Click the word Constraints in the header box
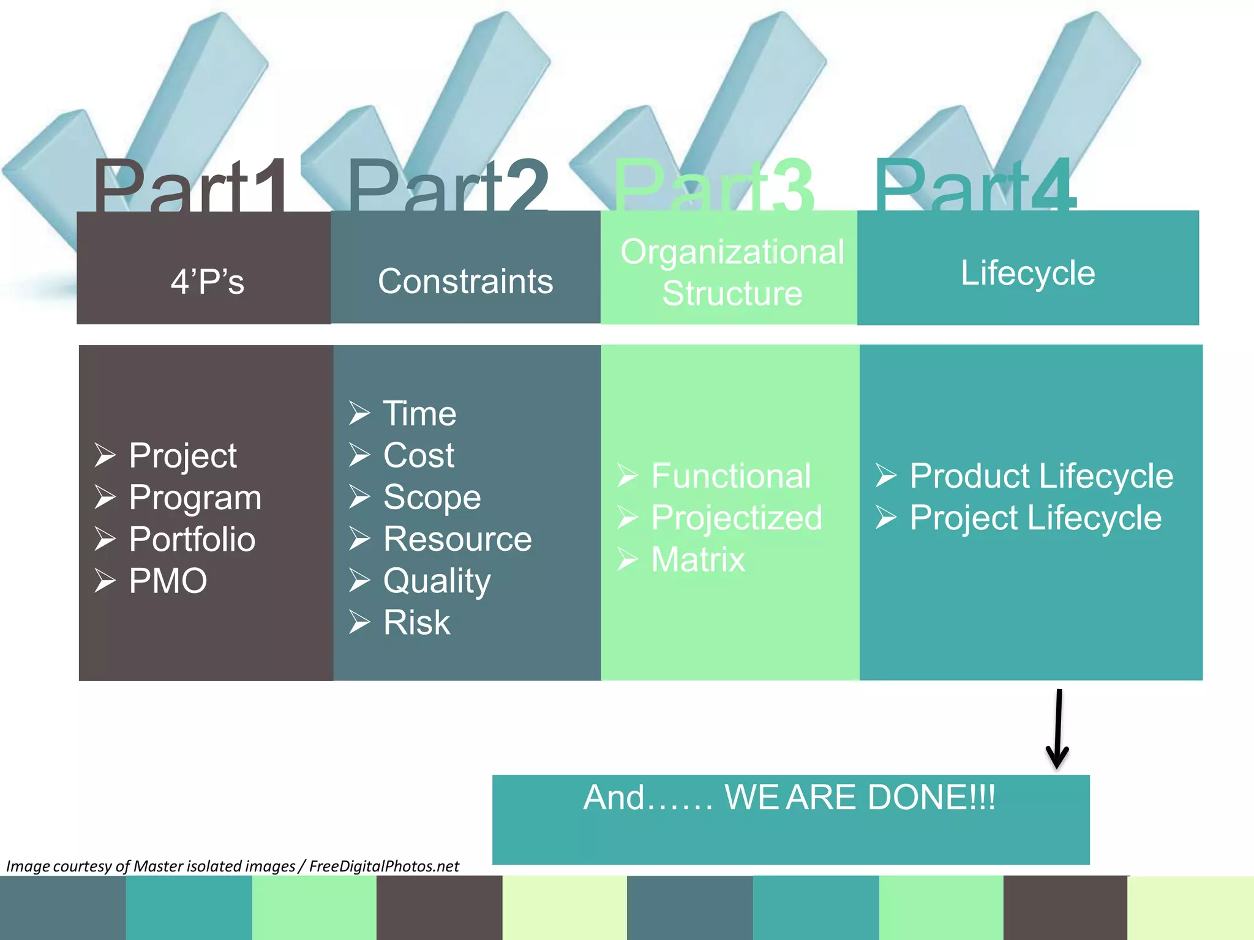click(x=465, y=282)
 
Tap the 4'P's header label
click(x=208, y=282)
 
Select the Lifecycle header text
click(x=1027, y=273)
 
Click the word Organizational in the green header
click(x=732, y=252)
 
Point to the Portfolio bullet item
click(x=192, y=539)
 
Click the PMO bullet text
click(x=168, y=581)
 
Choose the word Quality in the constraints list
click(x=437, y=581)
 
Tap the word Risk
click(x=416, y=622)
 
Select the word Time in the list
click(x=419, y=414)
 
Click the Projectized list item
click(x=737, y=518)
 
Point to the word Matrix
click(x=698, y=559)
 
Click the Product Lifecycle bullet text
click(x=1041, y=476)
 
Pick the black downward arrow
click(x=1058, y=728)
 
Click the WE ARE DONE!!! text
click(x=860, y=797)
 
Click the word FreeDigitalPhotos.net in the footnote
click(x=384, y=866)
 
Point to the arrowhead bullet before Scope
click(x=359, y=496)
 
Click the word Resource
click(x=457, y=539)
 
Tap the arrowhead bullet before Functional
click(x=628, y=476)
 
